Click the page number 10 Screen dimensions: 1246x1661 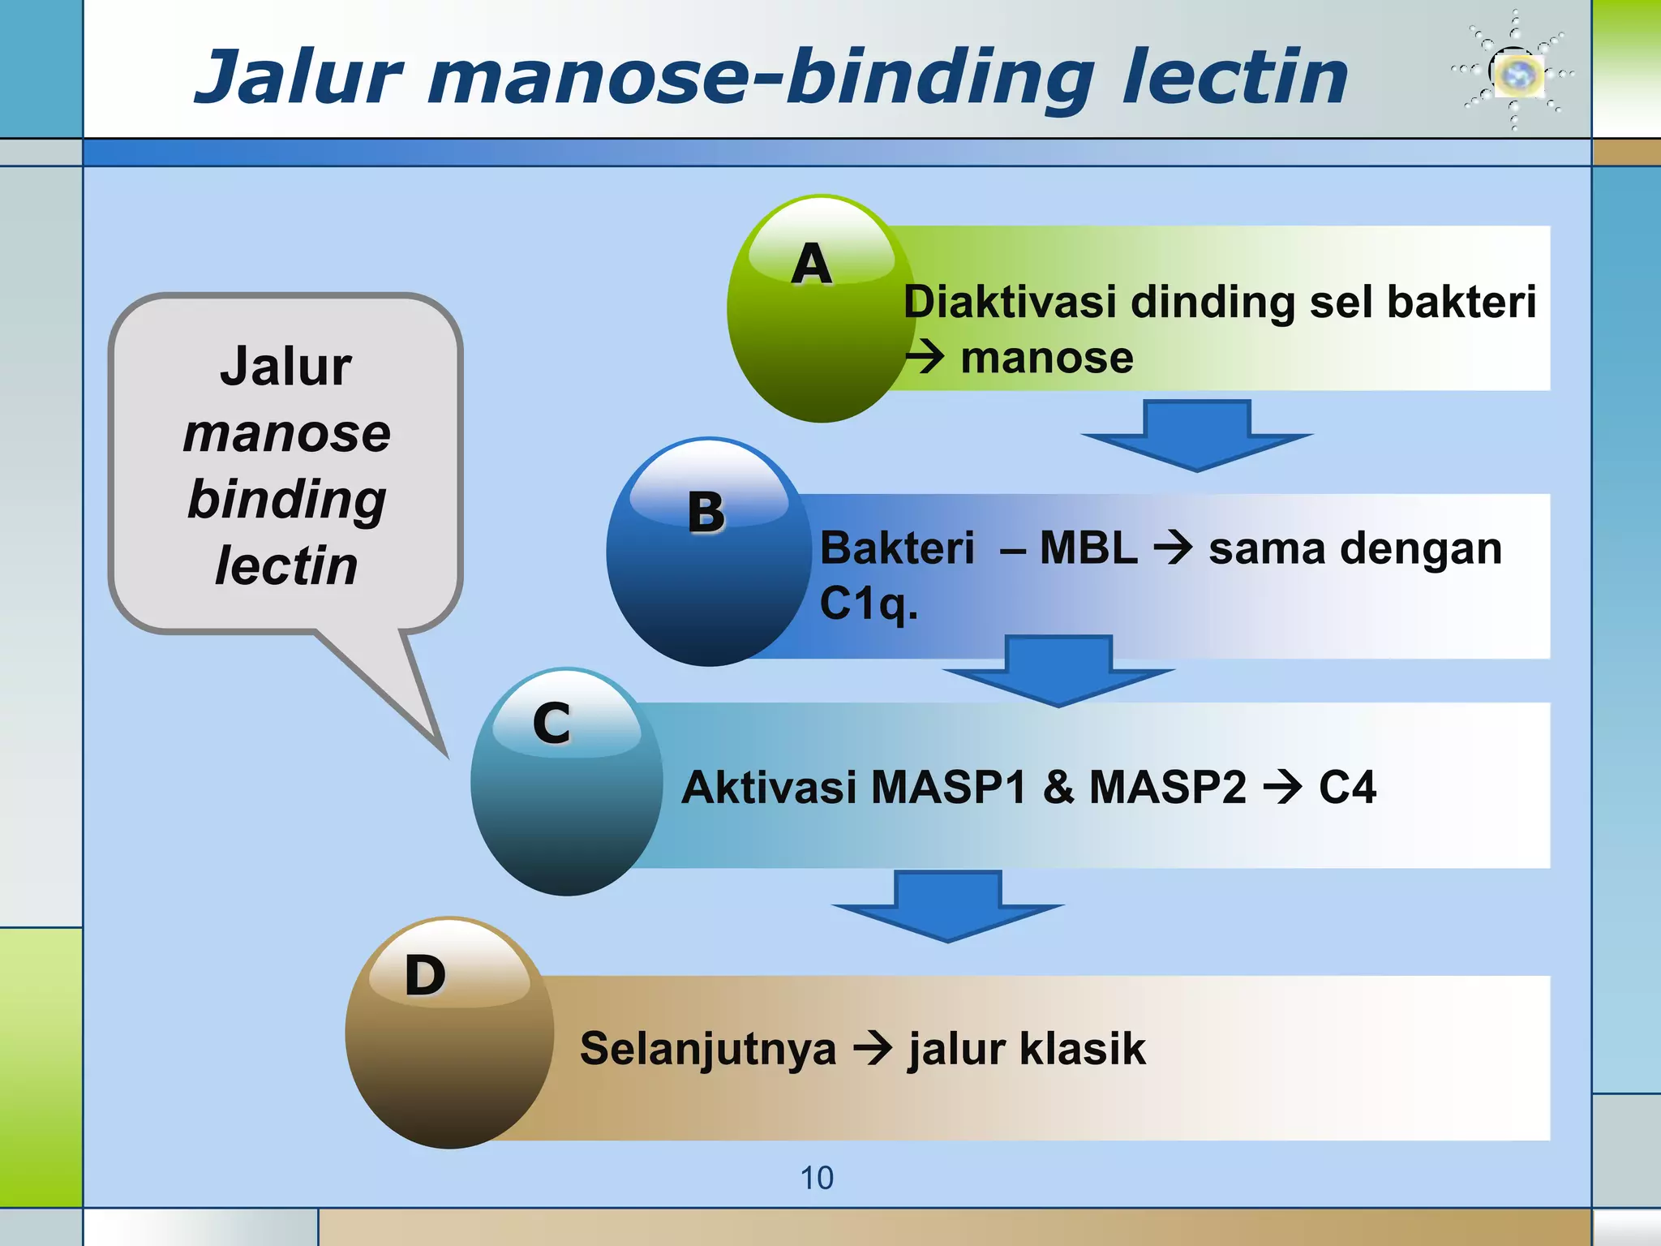pos(817,1178)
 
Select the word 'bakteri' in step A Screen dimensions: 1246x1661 pos(1461,302)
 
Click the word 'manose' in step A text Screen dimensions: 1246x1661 pos(1046,358)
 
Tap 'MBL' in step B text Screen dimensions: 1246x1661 pos(1088,548)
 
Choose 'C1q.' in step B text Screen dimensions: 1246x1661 pos(869,604)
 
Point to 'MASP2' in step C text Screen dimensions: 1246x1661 pos(1167,787)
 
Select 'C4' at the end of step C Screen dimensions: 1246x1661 pos(1347,787)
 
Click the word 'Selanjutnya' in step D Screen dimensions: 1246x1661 pos(707,1048)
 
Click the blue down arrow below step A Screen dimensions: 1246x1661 pos(1196,434)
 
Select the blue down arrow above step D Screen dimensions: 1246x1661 pos(947,905)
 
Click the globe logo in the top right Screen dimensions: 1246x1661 pos(1517,73)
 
